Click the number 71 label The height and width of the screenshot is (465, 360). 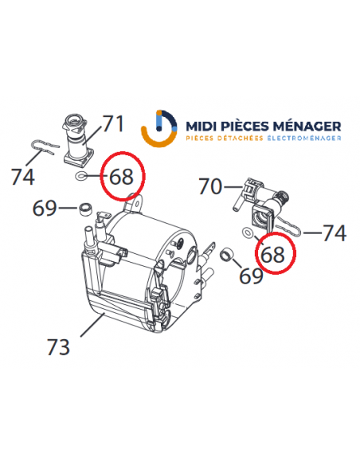[112, 123]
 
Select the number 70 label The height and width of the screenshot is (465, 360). [210, 186]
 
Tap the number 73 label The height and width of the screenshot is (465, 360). [58, 346]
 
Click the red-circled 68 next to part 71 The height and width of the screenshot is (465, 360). [121, 177]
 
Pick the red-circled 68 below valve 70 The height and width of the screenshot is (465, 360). [272, 255]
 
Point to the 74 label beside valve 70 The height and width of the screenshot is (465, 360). [335, 232]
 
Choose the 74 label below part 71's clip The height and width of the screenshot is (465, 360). [23, 177]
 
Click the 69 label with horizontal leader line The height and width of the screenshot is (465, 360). [45, 208]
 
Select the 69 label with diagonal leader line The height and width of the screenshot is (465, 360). [251, 275]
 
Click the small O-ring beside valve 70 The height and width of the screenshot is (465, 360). [247, 232]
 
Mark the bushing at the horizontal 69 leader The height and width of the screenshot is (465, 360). [86, 209]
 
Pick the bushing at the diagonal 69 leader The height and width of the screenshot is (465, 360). [226, 254]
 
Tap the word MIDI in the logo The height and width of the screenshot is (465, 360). [202, 127]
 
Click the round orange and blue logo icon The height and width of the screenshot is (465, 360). [159, 128]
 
